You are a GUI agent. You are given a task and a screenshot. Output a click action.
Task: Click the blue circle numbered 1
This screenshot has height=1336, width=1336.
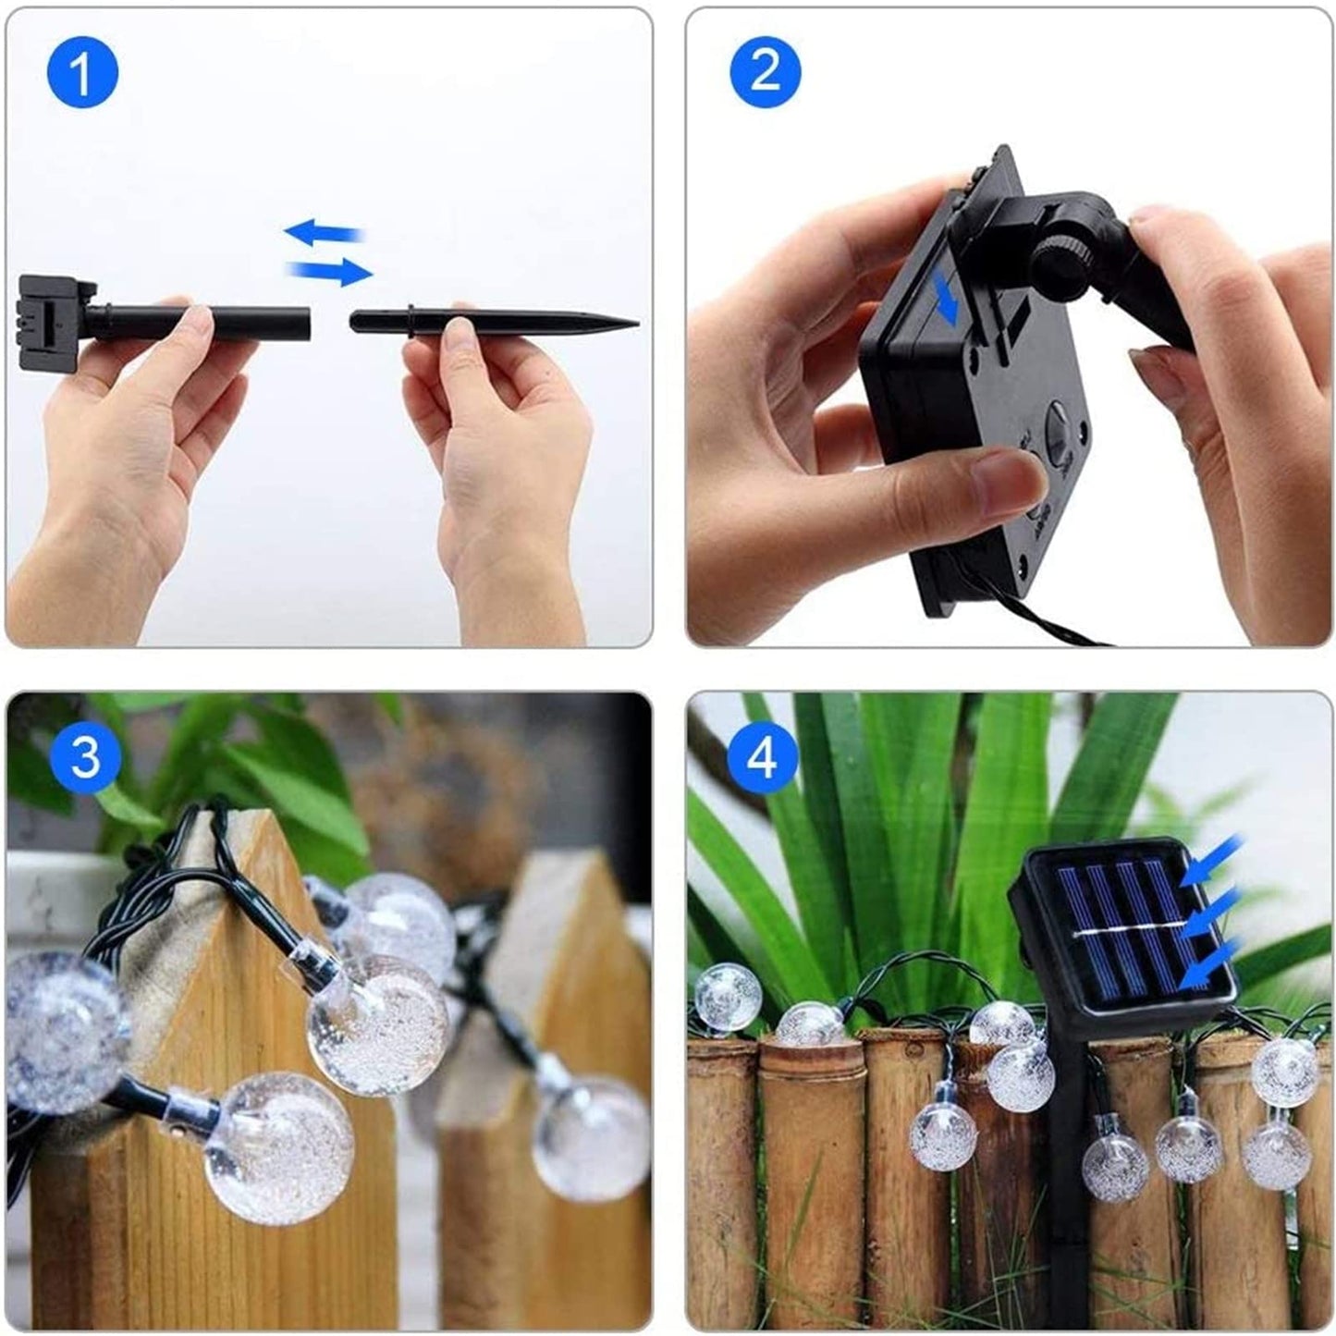tap(81, 74)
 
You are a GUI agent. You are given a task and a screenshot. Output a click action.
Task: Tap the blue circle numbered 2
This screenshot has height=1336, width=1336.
tap(765, 72)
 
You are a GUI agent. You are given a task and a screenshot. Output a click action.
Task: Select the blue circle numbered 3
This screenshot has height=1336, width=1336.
tap(84, 755)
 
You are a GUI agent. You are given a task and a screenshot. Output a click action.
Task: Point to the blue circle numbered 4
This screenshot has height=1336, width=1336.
tap(763, 757)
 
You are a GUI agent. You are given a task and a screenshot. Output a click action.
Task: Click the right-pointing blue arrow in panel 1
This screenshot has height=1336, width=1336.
tap(331, 272)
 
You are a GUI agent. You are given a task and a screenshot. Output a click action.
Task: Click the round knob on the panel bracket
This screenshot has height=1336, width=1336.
tap(1064, 262)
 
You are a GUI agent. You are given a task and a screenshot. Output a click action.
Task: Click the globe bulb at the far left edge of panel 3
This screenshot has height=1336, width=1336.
tap(55, 1030)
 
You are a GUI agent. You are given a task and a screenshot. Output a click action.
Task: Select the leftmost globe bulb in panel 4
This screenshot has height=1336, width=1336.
tap(729, 997)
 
